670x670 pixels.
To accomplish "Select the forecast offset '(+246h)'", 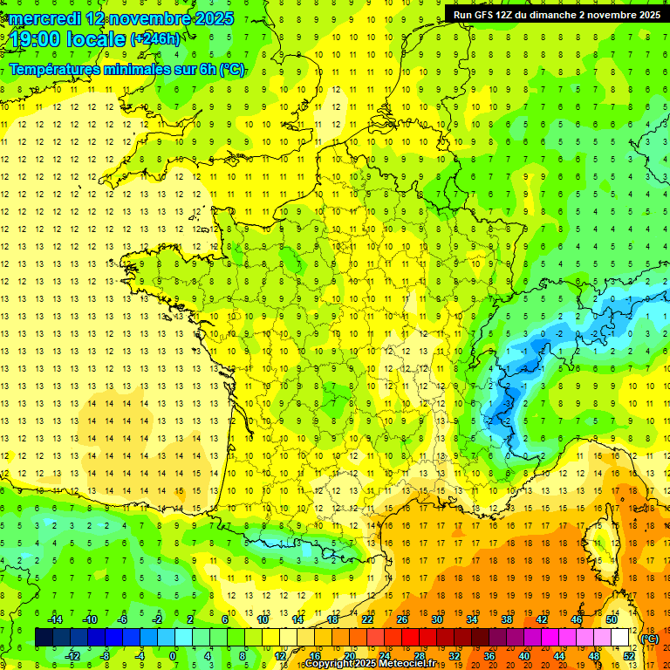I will (155, 39).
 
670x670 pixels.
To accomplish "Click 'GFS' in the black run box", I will (487, 14).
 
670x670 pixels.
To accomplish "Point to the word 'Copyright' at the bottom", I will (334, 664).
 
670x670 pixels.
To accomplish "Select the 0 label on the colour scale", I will (173, 656).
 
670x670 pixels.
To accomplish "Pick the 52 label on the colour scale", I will (629, 656).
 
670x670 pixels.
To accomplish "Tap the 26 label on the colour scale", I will (401, 619).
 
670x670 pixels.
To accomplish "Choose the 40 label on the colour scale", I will (523, 656).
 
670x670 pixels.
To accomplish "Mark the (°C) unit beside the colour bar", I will (649, 638).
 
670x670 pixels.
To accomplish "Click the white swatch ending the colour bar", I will (620, 638).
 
